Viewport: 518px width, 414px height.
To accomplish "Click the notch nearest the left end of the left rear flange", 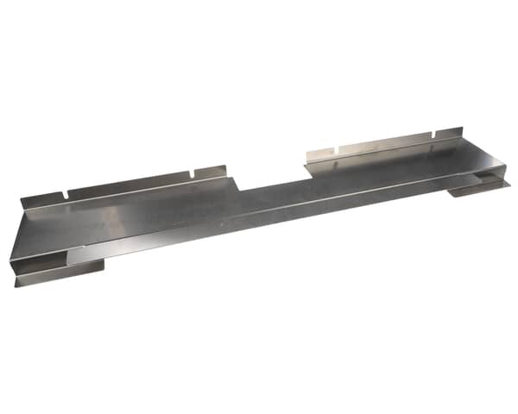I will tap(65, 192).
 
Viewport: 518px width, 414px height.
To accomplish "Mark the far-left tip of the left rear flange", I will tap(22, 203).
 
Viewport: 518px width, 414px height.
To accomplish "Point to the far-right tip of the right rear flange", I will tap(458, 131).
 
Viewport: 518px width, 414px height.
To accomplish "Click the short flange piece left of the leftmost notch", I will tap(43, 198).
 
